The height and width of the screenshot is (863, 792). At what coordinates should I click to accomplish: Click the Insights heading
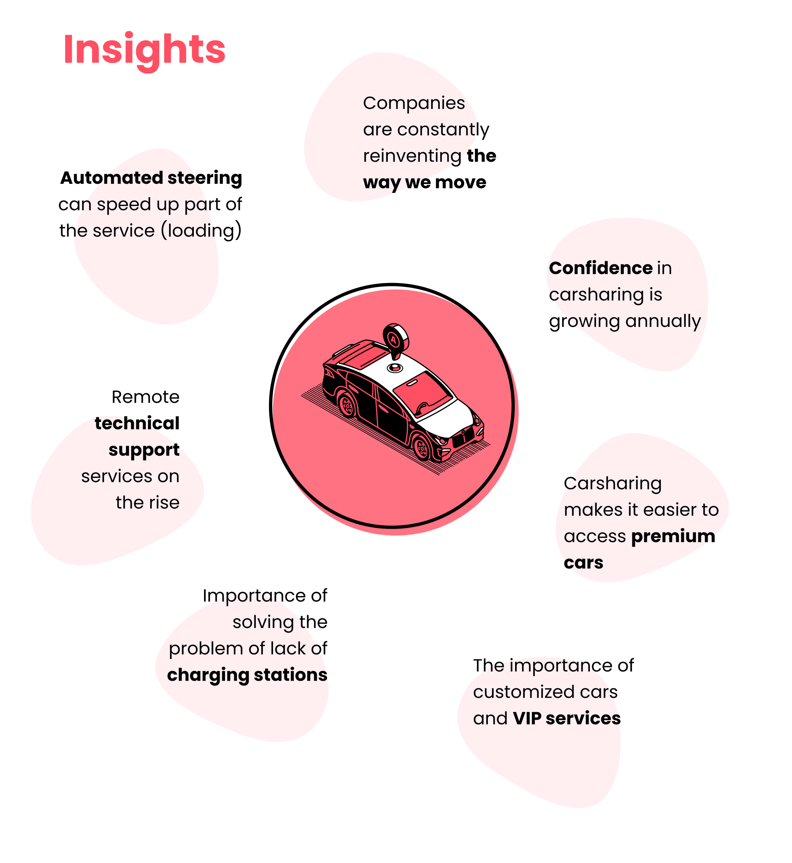144,50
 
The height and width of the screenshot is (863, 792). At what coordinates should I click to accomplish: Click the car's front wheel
422,448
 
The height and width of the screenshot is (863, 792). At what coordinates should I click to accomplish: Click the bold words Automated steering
151,178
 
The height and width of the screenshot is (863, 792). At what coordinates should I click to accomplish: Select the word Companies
413,103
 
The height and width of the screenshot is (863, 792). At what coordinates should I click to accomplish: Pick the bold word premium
673,536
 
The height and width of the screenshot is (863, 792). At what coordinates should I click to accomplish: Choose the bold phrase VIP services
566,718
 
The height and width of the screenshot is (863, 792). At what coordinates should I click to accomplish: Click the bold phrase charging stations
247,675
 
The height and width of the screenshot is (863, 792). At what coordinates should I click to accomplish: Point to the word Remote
145,397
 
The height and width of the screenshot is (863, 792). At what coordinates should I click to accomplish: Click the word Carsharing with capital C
612,484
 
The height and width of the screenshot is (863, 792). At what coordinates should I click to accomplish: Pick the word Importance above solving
253,596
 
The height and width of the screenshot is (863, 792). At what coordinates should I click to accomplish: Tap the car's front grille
464,438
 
